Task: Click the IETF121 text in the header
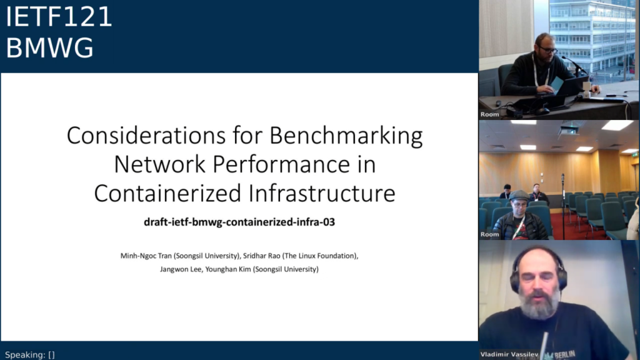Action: point(59,17)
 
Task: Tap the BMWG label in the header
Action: point(49,47)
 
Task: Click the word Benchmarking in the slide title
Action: point(346,136)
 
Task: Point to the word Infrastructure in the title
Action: point(322,193)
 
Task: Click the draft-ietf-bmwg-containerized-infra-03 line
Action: point(239,222)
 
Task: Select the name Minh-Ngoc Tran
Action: point(146,256)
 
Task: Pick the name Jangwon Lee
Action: point(181,269)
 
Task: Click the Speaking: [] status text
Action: point(30,355)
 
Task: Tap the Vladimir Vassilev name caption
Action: point(509,354)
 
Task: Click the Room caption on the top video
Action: point(490,114)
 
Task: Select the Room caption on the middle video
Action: point(490,234)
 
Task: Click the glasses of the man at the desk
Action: point(547,50)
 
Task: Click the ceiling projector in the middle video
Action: point(569,130)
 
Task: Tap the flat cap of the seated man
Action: point(518,195)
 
